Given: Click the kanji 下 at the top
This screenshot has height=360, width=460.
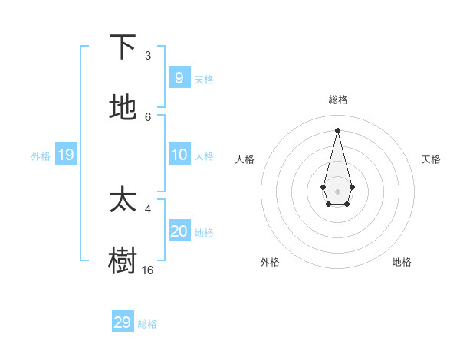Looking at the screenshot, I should pyautogui.click(x=123, y=47).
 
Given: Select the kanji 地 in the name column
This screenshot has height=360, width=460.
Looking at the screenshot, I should pyautogui.click(x=123, y=108).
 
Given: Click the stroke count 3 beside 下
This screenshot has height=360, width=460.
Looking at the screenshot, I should pyautogui.click(x=148, y=56).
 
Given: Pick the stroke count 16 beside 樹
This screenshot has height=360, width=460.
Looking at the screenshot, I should pyautogui.click(x=147, y=270).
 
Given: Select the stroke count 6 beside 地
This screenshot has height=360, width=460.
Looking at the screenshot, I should pyautogui.click(x=148, y=116).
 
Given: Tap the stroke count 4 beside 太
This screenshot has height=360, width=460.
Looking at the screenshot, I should pyautogui.click(x=148, y=208).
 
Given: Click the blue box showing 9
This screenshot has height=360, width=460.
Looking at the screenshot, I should pyautogui.click(x=179, y=77).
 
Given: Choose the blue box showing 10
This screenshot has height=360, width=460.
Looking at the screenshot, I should pyautogui.click(x=179, y=154).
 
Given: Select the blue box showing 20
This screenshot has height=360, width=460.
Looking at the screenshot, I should pyautogui.click(x=179, y=231).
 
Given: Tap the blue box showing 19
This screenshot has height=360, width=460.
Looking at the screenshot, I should pyautogui.click(x=66, y=155).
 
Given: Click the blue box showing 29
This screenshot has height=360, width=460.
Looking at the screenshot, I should pyautogui.click(x=122, y=322).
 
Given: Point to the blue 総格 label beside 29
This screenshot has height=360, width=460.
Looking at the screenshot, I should pyautogui.click(x=147, y=324).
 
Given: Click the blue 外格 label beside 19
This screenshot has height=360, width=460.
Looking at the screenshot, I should pyautogui.click(x=41, y=156).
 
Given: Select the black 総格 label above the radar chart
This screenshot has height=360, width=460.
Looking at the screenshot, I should pyautogui.click(x=337, y=100).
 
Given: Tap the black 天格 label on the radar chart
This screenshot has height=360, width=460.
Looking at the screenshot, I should pyautogui.click(x=431, y=159).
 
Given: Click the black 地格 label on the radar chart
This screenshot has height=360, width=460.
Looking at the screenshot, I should pyautogui.click(x=402, y=262).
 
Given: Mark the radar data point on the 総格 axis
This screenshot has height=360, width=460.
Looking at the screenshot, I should pyautogui.click(x=337, y=130).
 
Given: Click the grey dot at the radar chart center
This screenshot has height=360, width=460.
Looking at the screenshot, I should pyautogui.click(x=337, y=191).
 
